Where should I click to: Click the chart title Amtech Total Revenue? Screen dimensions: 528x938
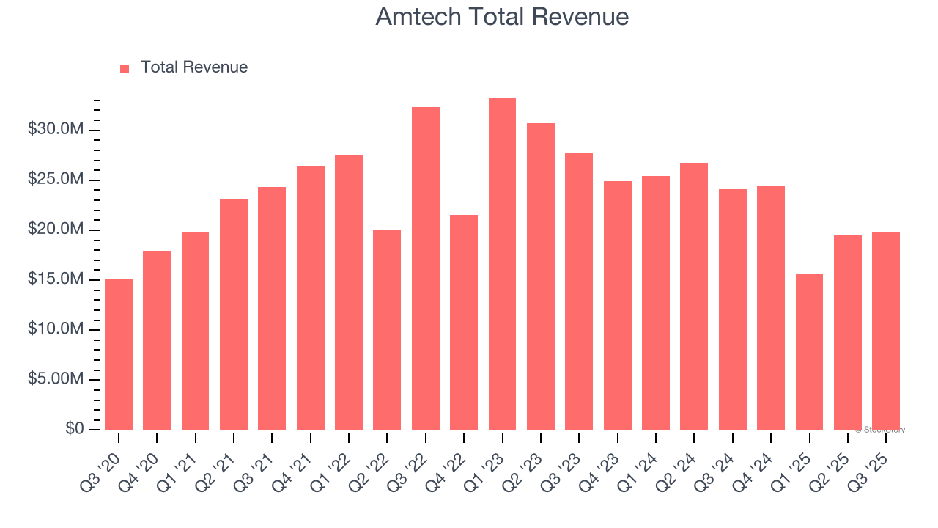(x=502, y=17)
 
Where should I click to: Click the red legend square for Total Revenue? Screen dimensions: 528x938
(x=125, y=68)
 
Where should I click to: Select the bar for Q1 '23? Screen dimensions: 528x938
(x=502, y=263)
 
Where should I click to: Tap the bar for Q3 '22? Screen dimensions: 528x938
(x=426, y=268)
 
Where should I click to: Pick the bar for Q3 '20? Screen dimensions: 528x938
(x=119, y=354)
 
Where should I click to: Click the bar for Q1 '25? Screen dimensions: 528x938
(x=809, y=352)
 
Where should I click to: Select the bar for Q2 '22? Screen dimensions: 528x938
(x=387, y=330)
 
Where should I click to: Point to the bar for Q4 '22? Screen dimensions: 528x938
(x=464, y=322)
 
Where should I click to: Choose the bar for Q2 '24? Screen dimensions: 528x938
(x=694, y=296)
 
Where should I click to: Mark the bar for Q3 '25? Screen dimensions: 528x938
(x=886, y=331)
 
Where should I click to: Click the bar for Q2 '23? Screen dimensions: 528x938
(x=541, y=276)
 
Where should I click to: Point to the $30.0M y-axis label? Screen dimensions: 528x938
(x=56, y=130)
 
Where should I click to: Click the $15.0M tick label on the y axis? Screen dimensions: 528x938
(x=56, y=279)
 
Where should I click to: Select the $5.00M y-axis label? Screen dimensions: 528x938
(x=56, y=379)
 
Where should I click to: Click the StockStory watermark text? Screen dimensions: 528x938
(x=880, y=430)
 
